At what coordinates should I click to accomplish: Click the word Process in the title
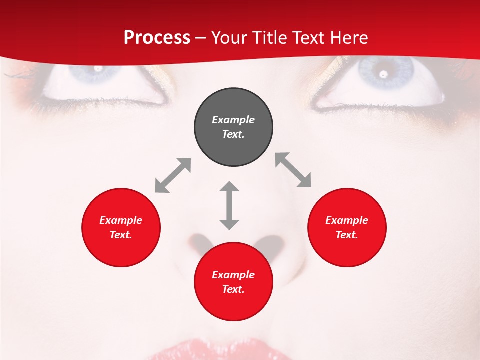tap(157, 38)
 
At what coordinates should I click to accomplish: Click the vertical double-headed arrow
tap(229, 205)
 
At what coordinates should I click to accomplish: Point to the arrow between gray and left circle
tap(173, 175)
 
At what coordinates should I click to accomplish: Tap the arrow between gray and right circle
tap(293, 170)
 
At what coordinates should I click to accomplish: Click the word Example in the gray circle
tap(233, 120)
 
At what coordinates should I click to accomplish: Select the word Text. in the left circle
tap(121, 235)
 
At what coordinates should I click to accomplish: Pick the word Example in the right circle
tap(347, 220)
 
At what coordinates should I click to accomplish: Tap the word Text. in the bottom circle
tap(233, 289)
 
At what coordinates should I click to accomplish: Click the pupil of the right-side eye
tap(384, 74)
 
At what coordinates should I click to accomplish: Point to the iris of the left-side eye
tap(100, 72)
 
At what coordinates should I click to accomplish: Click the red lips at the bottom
tap(220, 350)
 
